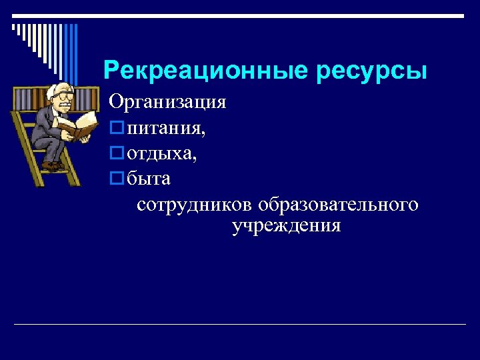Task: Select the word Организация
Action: [168, 103]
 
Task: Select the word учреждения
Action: [287, 226]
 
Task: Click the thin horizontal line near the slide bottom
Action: [240, 325]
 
